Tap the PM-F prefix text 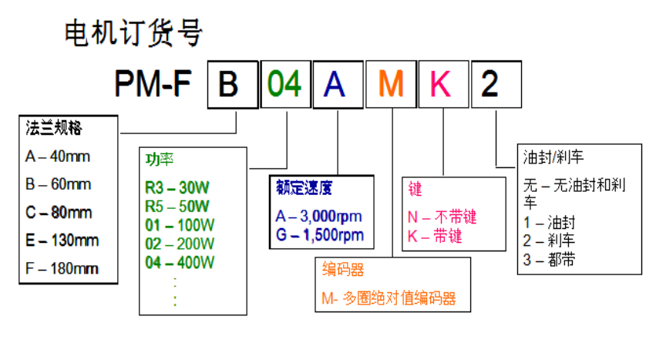coord(157,84)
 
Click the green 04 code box coord(284,84)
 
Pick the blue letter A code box coord(338,84)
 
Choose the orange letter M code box coord(391,84)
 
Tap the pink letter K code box coord(442,84)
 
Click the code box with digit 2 coord(496,84)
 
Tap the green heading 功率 coord(160,160)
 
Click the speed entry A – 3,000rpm coord(318,216)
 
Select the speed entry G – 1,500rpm coord(319,234)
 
